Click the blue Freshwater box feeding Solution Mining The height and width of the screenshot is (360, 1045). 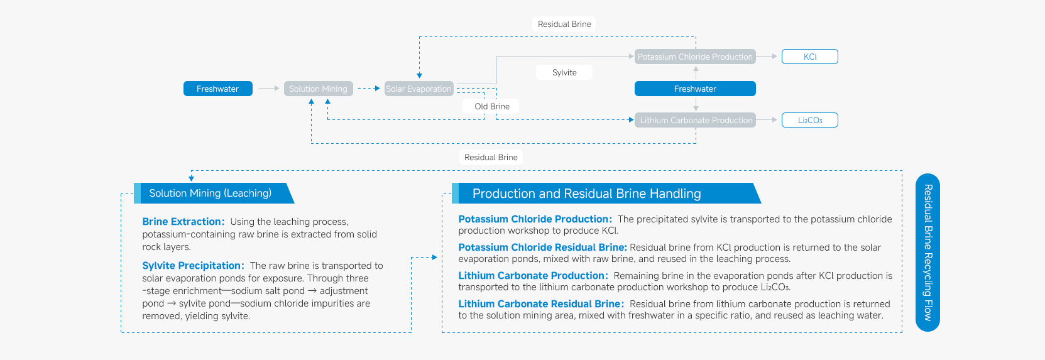coord(217,89)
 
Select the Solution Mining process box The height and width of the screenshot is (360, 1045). coord(318,89)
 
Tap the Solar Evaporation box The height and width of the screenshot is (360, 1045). coord(419,89)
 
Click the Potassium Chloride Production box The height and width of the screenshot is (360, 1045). coord(694,57)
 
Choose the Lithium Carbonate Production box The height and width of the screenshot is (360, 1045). coord(696,120)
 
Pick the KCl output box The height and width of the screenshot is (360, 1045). coord(809,57)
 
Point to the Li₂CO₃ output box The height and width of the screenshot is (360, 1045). coord(809,120)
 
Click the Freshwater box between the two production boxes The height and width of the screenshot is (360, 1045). coord(695,89)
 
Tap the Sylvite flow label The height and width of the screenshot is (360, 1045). coord(564,72)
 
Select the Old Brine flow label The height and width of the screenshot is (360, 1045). coord(492,106)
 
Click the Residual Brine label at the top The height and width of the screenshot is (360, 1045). coord(564,24)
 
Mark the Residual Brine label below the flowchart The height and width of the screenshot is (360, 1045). coord(491,157)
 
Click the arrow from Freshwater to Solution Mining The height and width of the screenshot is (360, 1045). coord(268,89)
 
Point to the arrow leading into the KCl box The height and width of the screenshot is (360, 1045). coord(768,57)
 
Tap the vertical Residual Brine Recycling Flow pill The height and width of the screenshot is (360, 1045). coord(927,252)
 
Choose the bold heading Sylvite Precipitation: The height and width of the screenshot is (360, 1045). coord(193,266)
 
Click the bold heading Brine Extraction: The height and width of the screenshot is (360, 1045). coord(183,222)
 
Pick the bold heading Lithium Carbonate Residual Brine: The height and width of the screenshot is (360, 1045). coord(541,304)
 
